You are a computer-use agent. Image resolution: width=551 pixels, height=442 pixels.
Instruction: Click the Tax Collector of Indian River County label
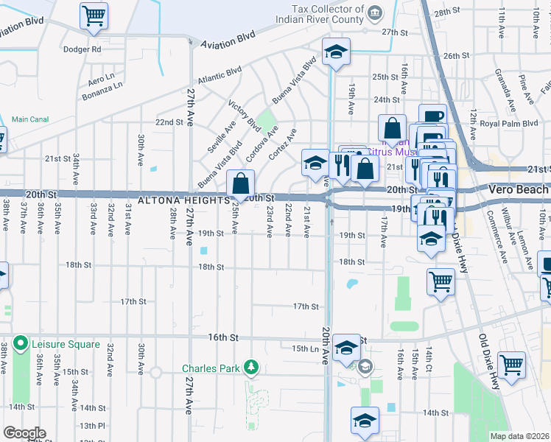tap(318, 14)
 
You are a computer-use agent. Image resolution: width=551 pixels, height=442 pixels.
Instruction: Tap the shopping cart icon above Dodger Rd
tap(94, 15)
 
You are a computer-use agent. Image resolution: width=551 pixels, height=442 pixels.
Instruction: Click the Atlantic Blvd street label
tap(219, 76)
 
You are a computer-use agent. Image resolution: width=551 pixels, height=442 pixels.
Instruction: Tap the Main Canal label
tap(30, 119)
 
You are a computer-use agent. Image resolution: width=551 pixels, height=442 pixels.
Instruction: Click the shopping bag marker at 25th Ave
tap(241, 184)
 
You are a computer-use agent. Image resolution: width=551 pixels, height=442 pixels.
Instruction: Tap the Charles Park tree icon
tap(251, 367)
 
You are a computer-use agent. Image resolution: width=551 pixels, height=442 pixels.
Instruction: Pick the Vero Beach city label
tap(519, 189)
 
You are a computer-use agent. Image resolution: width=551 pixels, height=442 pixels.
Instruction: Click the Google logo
tap(24, 433)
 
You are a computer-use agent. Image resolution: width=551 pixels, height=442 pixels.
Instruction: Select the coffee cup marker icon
tap(432, 116)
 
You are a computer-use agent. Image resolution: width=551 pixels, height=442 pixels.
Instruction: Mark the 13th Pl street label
tap(93, 426)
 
